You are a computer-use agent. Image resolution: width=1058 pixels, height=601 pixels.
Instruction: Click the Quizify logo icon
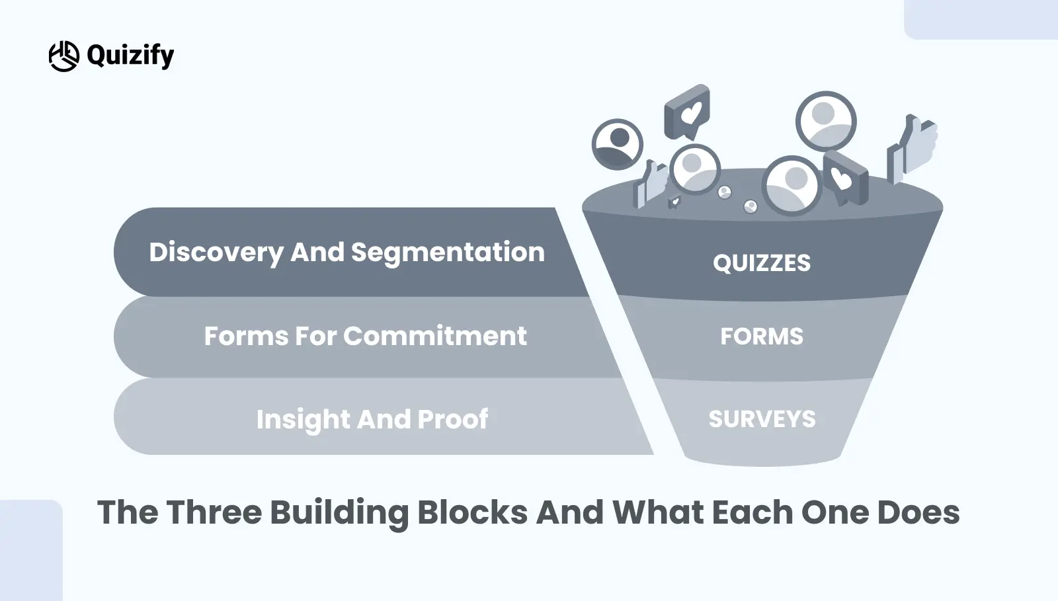click(x=63, y=56)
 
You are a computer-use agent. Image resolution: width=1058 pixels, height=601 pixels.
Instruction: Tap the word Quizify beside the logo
click(x=130, y=56)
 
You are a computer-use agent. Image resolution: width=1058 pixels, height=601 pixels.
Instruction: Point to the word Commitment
click(x=435, y=336)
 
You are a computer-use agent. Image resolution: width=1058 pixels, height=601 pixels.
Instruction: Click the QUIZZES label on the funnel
click(x=761, y=263)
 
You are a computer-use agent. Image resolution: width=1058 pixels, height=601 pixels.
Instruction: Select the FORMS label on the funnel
click(x=761, y=337)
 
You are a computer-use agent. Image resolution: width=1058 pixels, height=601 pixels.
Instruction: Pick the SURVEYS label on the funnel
click(x=762, y=419)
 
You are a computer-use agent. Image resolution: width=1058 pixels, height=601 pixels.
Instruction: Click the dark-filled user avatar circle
click(x=618, y=144)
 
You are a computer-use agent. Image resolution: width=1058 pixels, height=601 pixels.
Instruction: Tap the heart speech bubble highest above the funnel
click(x=687, y=112)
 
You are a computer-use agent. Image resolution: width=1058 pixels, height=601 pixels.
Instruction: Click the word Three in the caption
click(x=214, y=512)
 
